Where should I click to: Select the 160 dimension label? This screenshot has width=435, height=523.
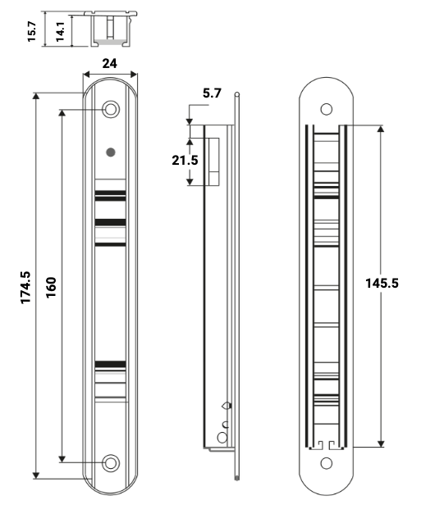click(x=51, y=287)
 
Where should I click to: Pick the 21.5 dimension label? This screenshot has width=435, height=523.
click(x=185, y=160)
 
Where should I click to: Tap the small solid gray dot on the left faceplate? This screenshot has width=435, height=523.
click(x=111, y=152)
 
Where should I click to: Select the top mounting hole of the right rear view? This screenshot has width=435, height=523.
click(x=327, y=109)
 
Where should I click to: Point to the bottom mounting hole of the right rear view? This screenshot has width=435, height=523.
click(x=327, y=463)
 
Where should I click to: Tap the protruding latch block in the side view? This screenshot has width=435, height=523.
click(x=213, y=161)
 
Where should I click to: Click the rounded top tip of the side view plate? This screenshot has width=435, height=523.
click(x=237, y=95)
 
